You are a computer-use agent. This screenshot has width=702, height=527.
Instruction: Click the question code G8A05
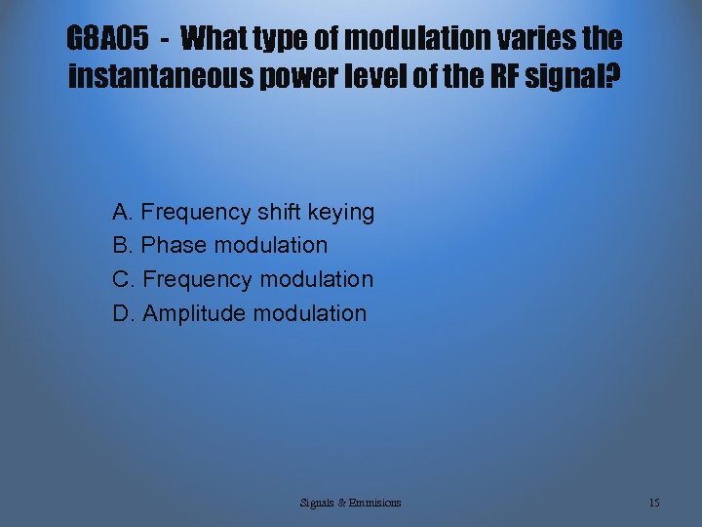(107, 40)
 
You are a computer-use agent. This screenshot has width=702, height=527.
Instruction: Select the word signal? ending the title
(576, 77)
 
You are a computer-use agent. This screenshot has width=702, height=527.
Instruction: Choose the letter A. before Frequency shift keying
(124, 212)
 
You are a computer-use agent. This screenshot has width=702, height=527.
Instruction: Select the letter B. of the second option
(124, 245)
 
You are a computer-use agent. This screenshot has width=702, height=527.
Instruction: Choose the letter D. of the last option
(124, 313)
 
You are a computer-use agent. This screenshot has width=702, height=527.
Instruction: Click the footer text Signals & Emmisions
(350, 503)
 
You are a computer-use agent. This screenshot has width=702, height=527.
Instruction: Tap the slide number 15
(654, 503)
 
